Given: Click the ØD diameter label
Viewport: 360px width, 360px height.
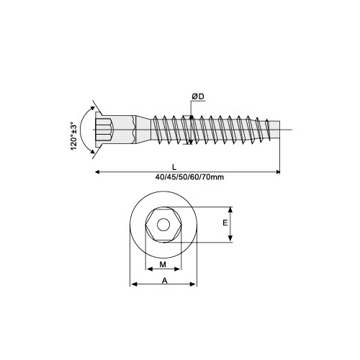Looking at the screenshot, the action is [x=198, y=96].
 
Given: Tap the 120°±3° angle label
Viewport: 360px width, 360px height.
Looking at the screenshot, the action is [x=73, y=136].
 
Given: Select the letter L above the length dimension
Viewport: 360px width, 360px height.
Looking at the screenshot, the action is [x=174, y=167].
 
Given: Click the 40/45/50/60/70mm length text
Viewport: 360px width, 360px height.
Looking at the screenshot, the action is [x=189, y=177].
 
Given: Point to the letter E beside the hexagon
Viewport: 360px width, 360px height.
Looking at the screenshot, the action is [x=225, y=223].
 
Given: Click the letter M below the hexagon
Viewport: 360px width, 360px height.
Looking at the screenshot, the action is [x=163, y=264].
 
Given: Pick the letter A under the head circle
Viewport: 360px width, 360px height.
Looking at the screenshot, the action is [x=164, y=280].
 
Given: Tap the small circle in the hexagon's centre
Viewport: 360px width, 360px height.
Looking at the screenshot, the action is [x=163, y=225].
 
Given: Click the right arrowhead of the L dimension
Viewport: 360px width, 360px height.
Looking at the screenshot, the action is [x=277, y=172].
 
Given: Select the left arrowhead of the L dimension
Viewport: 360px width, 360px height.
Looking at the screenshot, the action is [x=98, y=172].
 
